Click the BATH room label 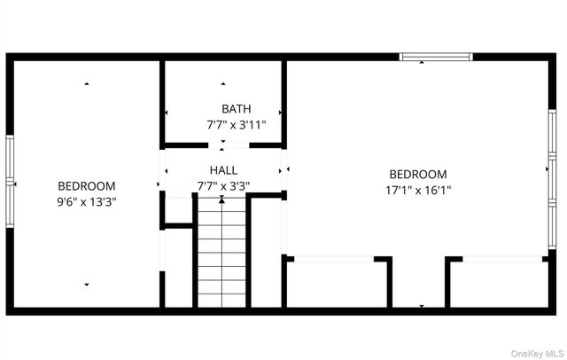(x=223, y=109)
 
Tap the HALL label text (x=223, y=169)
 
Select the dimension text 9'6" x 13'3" (x=87, y=201)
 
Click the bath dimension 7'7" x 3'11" (x=223, y=125)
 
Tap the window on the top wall (x=435, y=58)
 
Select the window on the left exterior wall (x=11, y=182)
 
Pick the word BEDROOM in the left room (x=87, y=186)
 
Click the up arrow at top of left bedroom (x=87, y=84)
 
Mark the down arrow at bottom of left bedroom (x=87, y=285)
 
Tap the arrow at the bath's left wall (x=166, y=113)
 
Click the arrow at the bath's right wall (x=280, y=113)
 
